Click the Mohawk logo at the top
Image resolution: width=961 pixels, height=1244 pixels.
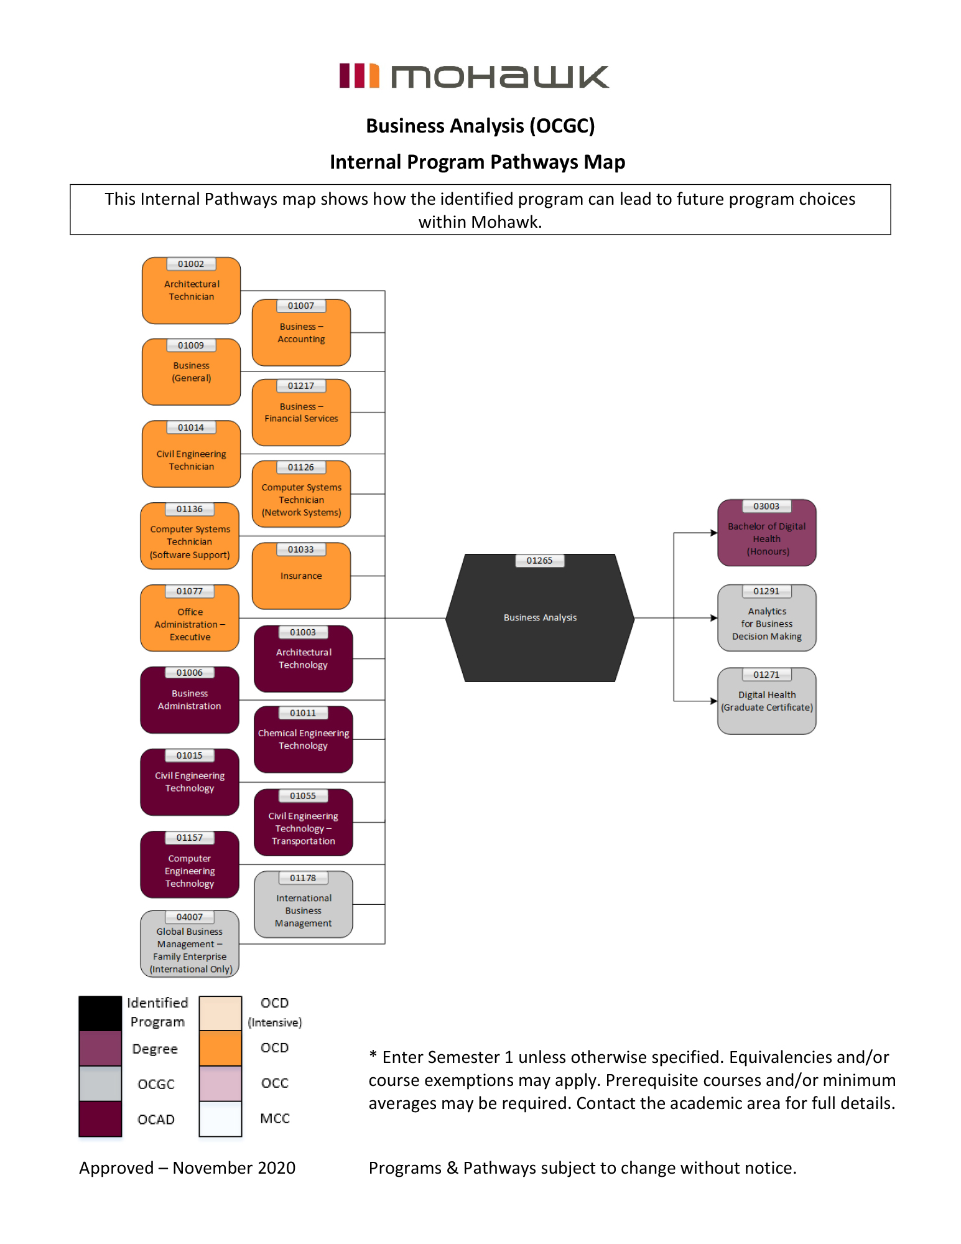[474, 77]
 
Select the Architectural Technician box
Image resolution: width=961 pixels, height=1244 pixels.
[191, 291]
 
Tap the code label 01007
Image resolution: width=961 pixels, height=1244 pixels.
[301, 306]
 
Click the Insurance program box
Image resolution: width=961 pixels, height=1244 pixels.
[301, 576]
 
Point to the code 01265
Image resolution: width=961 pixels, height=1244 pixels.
[539, 561]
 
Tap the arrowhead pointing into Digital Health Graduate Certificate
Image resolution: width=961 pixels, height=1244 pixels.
[714, 701]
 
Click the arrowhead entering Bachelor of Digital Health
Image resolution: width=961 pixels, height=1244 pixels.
[714, 533]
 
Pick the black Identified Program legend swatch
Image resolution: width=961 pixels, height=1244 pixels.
[100, 1013]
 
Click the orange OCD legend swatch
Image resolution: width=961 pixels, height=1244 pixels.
[220, 1048]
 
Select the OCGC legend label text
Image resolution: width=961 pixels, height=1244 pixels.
[156, 1084]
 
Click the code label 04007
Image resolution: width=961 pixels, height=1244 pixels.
[190, 917]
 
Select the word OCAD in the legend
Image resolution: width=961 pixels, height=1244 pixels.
[156, 1120]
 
